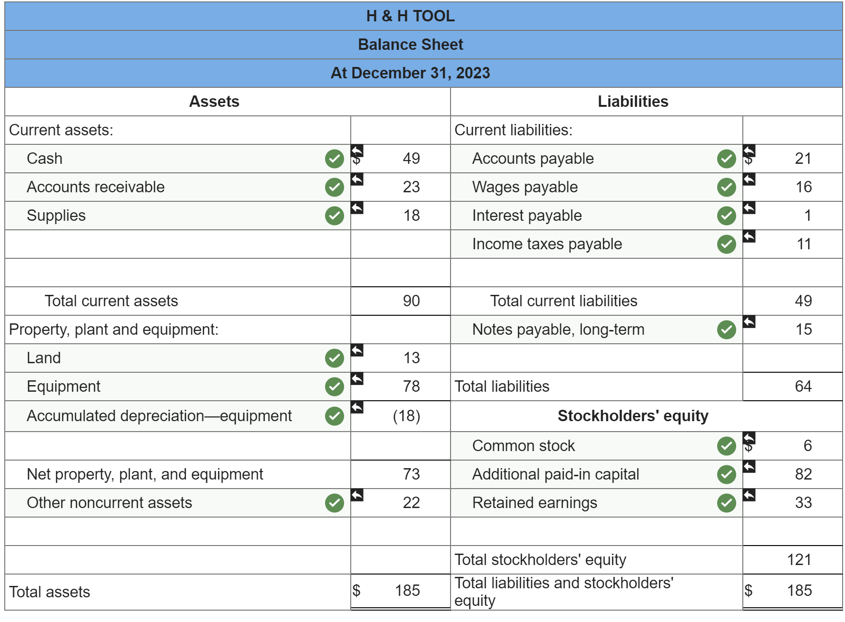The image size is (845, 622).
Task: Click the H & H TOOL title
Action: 410,16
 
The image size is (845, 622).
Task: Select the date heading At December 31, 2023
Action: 410,73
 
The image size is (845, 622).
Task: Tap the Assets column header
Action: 214,102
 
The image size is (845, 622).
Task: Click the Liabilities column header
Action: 633,102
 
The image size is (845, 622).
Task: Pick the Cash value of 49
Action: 411,159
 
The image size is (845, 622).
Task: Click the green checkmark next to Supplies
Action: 334,216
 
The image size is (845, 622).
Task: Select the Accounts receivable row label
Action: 96,187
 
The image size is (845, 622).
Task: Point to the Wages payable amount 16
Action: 803,187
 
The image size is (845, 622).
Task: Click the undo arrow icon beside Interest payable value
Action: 749,208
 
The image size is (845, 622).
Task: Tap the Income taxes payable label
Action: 547,244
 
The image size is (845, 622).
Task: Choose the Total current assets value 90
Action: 411,301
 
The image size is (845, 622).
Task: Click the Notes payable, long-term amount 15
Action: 803,330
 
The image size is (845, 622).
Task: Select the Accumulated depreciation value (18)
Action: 406,416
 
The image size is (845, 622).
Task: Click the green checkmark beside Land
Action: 334,358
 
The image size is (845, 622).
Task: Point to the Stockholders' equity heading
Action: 633,416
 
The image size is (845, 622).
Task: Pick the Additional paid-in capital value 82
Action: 803,474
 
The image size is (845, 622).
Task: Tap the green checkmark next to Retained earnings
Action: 726,503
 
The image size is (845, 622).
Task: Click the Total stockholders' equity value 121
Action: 799,560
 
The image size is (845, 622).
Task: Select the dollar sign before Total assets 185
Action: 356,591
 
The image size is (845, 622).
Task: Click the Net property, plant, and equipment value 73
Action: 411,474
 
